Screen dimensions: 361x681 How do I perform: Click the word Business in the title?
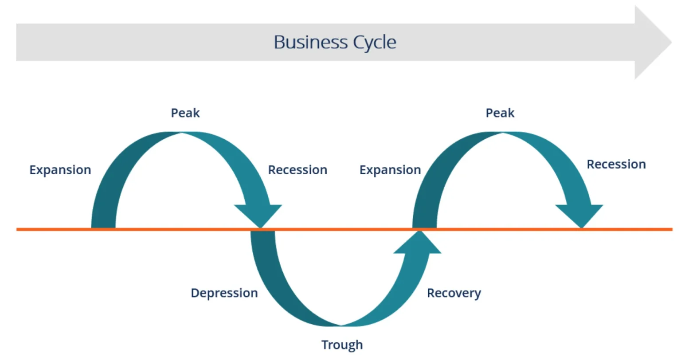(x=310, y=43)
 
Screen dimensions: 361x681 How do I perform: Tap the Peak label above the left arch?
(x=185, y=113)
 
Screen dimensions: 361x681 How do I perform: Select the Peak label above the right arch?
(x=500, y=113)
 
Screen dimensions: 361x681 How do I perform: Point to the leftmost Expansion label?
(x=60, y=170)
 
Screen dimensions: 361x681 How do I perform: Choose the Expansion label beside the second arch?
(x=390, y=170)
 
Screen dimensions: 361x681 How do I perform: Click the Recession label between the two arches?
(x=297, y=170)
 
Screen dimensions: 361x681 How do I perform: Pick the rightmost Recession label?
(x=616, y=164)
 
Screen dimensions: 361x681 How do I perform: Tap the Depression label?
(x=224, y=293)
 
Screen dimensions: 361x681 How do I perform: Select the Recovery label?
(x=454, y=293)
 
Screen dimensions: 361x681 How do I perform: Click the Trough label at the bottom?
(x=342, y=345)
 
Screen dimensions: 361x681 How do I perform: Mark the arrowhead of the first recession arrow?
(x=259, y=216)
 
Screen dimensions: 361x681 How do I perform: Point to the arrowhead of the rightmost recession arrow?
(x=579, y=216)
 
